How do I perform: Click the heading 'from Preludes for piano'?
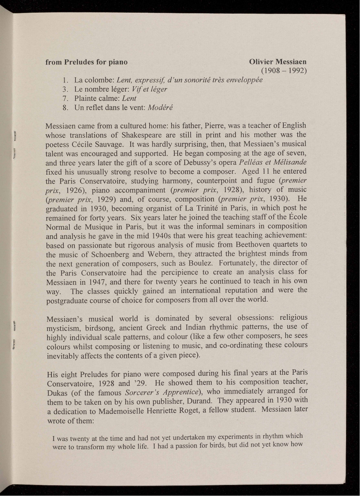87,62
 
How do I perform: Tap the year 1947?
96,282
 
